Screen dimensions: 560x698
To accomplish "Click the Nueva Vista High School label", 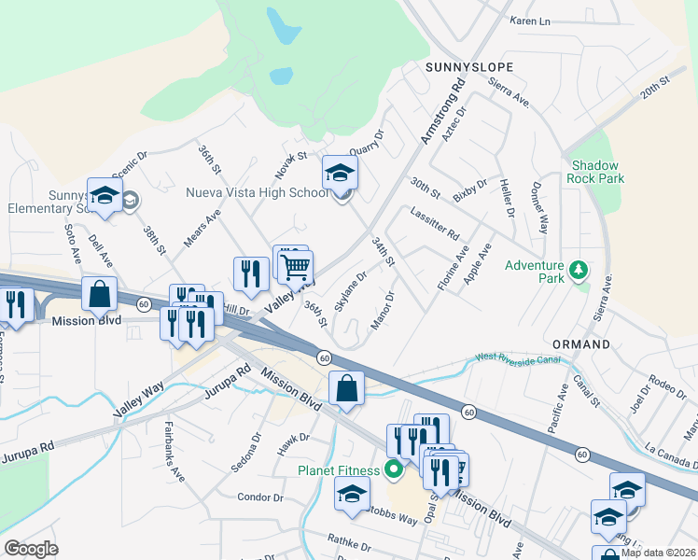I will (x=258, y=192).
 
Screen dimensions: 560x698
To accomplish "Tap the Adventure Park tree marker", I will (x=579, y=271).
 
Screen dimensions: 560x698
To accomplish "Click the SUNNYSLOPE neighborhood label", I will (x=464, y=67).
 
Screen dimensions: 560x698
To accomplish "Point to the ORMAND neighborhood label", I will (x=580, y=344).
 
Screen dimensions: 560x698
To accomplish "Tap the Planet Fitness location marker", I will (x=394, y=469).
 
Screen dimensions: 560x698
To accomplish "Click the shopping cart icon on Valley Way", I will (x=296, y=267).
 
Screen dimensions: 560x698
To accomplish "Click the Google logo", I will (x=31, y=549).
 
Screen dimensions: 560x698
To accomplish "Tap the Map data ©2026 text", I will (x=658, y=553).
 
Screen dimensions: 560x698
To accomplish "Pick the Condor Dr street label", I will (x=253, y=497).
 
